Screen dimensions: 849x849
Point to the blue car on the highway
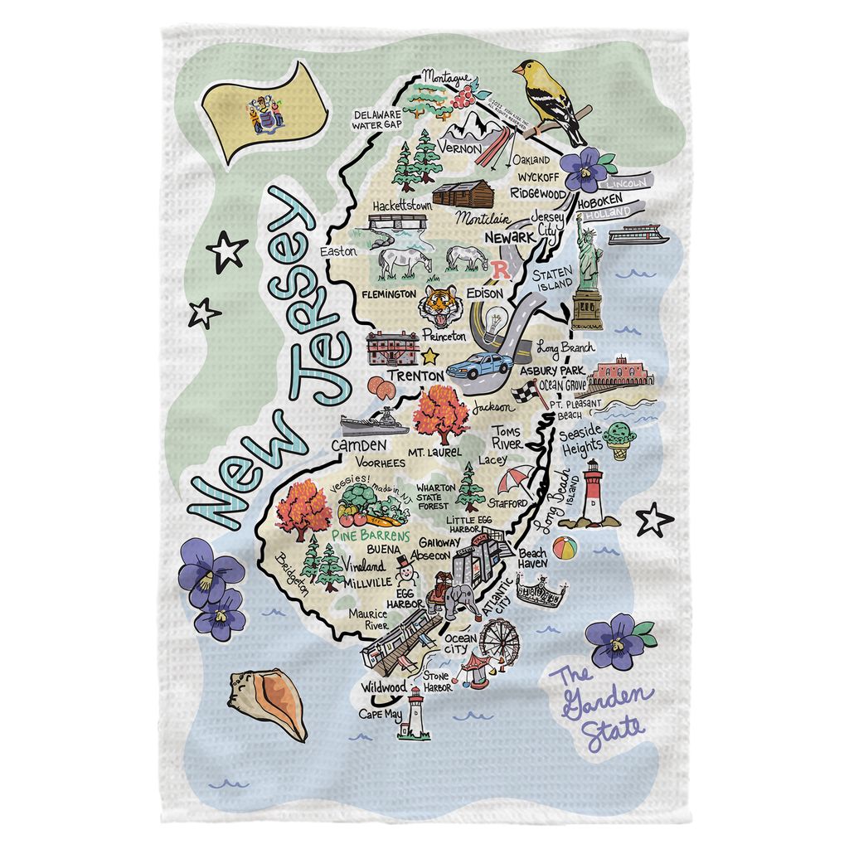pos(480,365)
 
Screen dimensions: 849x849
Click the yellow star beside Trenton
pos(429,357)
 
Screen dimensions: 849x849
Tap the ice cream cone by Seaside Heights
pos(617,439)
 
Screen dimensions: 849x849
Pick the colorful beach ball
pos(565,548)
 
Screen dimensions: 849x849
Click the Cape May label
pos(380,713)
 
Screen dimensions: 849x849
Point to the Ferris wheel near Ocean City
pos(497,640)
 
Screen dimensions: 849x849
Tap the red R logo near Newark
pos(501,269)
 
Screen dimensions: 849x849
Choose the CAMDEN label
pos(353,446)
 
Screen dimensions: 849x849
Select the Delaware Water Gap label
pos(377,119)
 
